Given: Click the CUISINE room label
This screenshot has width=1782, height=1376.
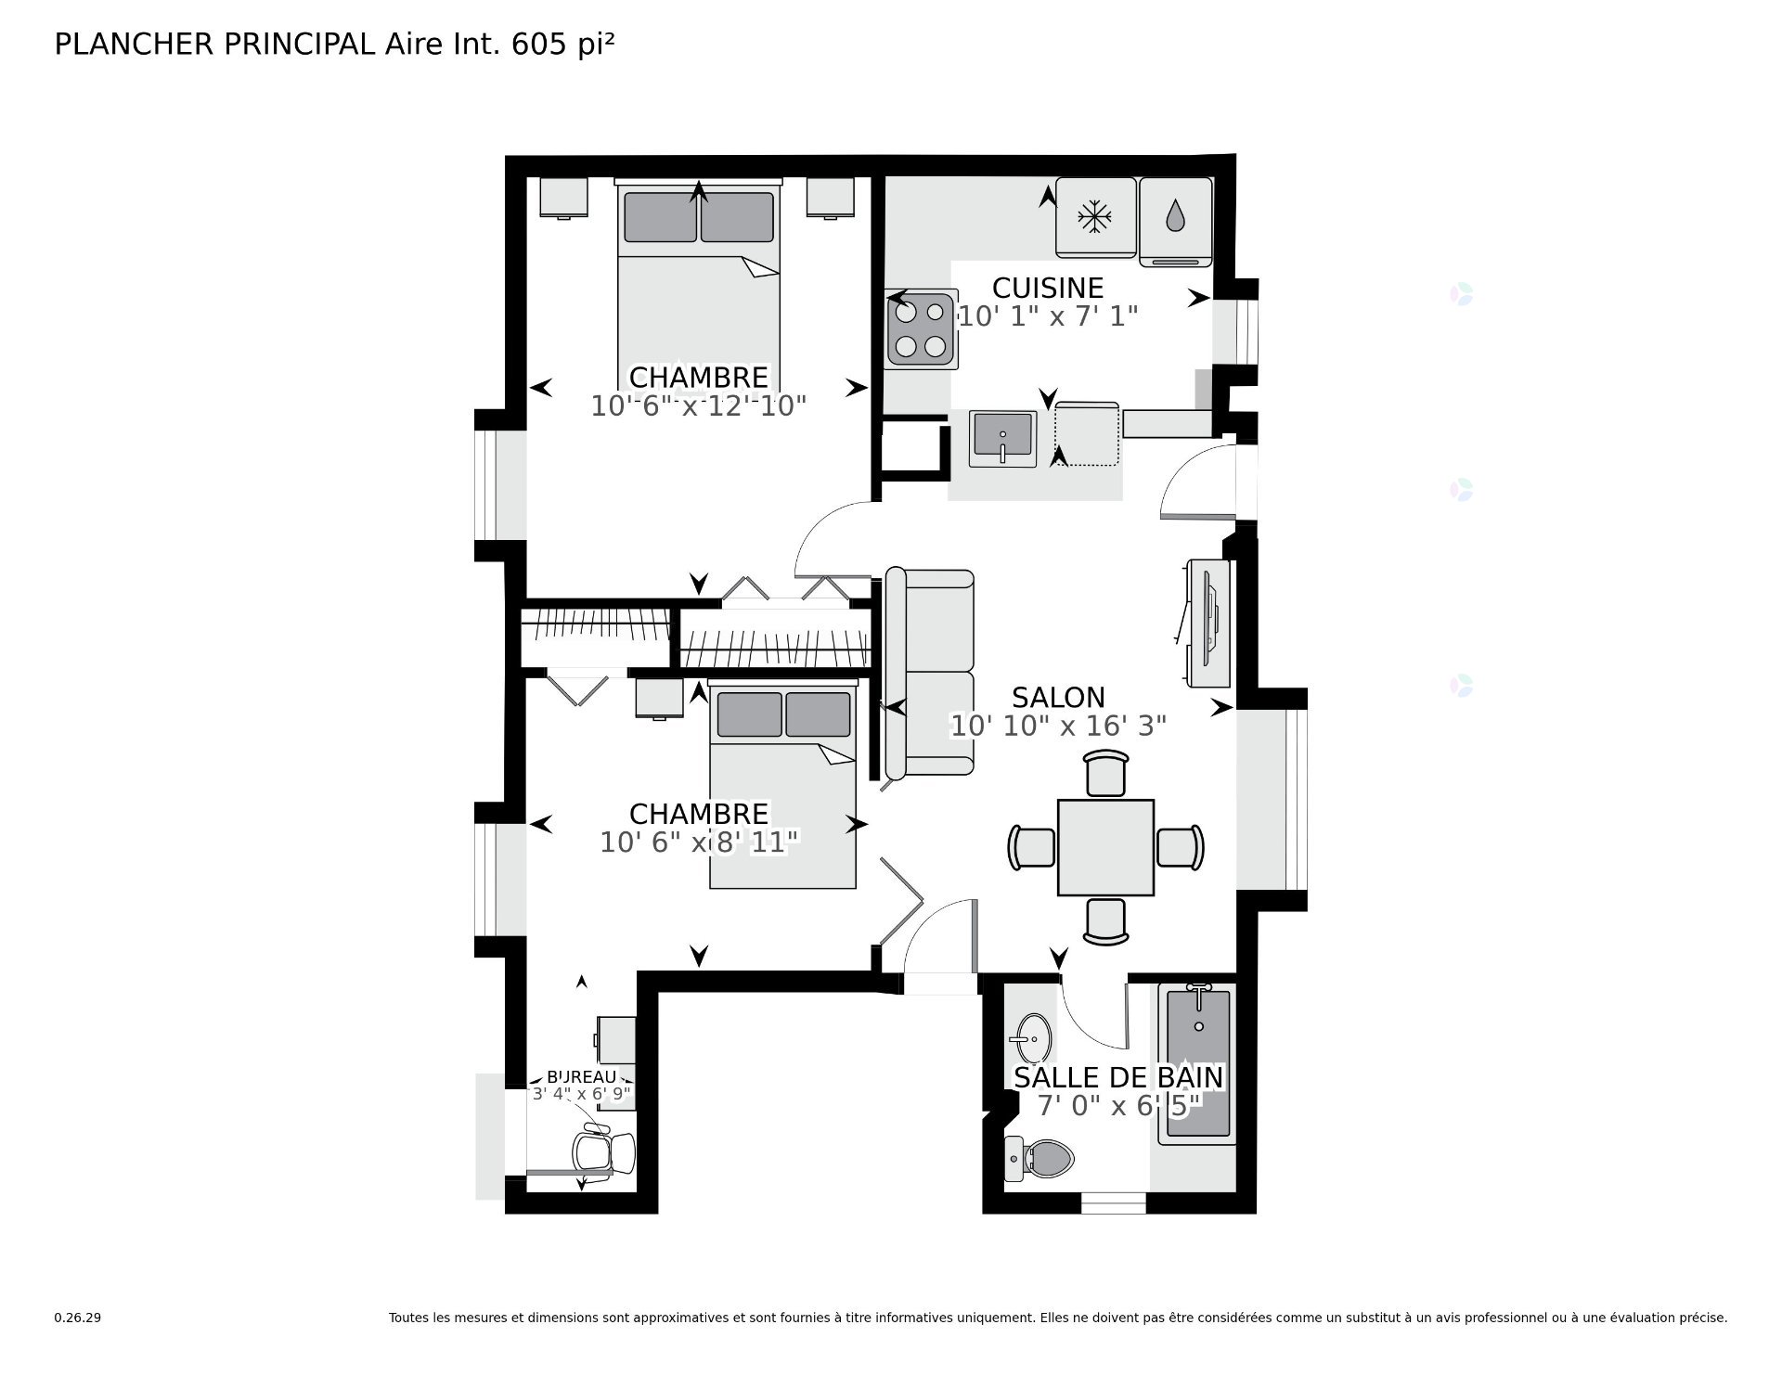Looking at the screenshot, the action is (x=1048, y=288).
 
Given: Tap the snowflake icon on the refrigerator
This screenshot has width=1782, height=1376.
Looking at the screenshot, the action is (x=1095, y=218).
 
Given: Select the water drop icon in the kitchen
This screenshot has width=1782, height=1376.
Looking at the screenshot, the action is (x=1175, y=216).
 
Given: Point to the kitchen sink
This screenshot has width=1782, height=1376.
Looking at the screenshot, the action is (x=1003, y=439).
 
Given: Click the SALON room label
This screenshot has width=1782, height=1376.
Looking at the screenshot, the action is (x=1058, y=698).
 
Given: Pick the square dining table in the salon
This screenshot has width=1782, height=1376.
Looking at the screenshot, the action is (x=1105, y=847).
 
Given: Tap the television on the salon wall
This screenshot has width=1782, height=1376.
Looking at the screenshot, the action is (x=1208, y=623).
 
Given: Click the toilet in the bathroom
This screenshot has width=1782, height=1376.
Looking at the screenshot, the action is (x=1039, y=1159).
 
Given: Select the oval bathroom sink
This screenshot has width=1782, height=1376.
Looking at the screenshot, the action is (x=1034, y=1037).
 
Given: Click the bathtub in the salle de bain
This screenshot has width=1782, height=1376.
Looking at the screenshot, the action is (x=1199, y=1063).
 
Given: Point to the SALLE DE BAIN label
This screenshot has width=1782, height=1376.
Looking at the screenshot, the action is (x=1118, y=1077).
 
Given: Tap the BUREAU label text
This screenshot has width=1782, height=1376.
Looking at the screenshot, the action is (x=582, y=1076).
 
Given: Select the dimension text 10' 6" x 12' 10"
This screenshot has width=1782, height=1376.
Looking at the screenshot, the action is (x=699, y=405).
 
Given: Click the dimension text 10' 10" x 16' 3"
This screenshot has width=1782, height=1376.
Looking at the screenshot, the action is (x=1058, y=726).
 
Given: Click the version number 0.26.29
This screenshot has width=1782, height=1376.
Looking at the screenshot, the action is (x=77, y=1318).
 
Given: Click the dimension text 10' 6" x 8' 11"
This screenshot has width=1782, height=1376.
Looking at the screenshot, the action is (x=699, y=842).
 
